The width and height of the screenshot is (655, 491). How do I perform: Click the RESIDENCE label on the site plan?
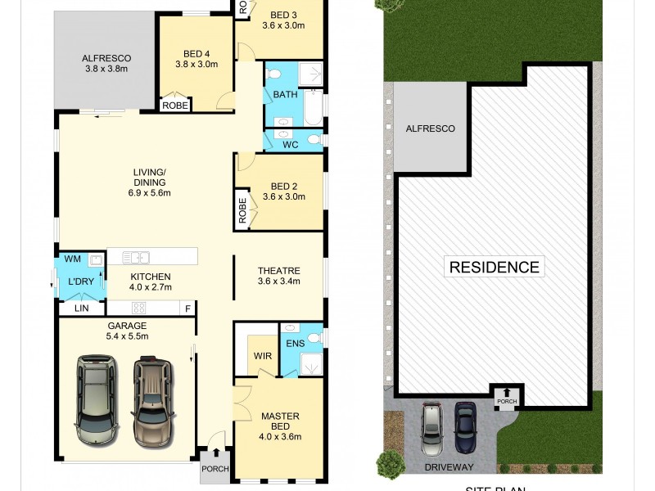point(494,267)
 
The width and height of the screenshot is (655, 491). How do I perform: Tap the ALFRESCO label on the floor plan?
point(106,58)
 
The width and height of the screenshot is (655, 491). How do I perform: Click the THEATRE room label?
point(279,271)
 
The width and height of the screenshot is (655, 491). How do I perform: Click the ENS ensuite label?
point(295,343)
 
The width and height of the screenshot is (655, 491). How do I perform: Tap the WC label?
point(290,144)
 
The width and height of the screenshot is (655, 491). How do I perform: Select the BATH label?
point(285,95)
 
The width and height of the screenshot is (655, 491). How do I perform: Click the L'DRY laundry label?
point(81,282)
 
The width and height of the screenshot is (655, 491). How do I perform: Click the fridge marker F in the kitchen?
point(187,308)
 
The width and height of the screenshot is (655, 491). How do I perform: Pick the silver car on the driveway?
point(431,429)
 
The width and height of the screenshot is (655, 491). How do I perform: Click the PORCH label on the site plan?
point(506,401)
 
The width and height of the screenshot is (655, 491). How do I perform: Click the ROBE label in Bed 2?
point(242,210)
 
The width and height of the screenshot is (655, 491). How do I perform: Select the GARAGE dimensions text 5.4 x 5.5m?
point(126,336)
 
